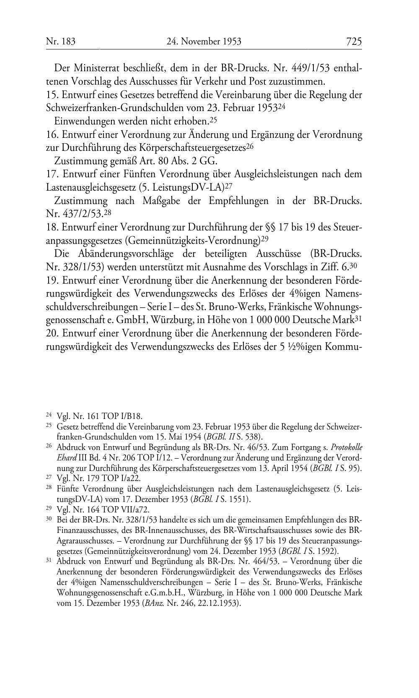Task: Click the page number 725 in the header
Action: click(354, 41)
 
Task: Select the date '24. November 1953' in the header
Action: click(204, 41)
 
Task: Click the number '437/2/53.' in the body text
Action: click(77, 214)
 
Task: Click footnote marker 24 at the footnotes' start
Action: click(48, 415)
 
